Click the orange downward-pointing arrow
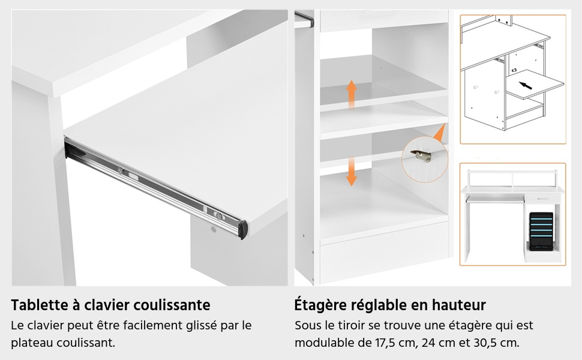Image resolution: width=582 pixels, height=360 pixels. click(352, 171)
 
